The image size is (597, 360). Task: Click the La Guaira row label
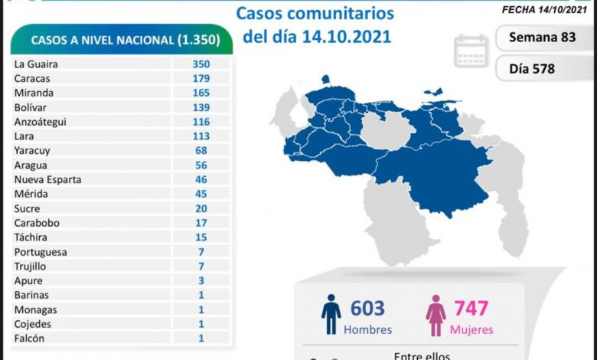click(x=36, y=64)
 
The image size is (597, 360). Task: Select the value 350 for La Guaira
click(x=201, y=64)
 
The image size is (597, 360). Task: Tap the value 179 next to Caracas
click(x=201, y=79)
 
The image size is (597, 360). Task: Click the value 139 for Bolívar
click(x=201, y=107)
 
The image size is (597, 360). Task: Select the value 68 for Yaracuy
click(x=201, y=151)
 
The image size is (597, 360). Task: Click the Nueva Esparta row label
click(x=47, y=179)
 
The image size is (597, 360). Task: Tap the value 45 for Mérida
click(x=201, y=194)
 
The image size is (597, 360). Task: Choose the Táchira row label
click(x=31, y=237)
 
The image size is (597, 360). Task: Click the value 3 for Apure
click(x=201, y=280)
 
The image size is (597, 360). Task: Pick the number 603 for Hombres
click(x=367, y=309)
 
